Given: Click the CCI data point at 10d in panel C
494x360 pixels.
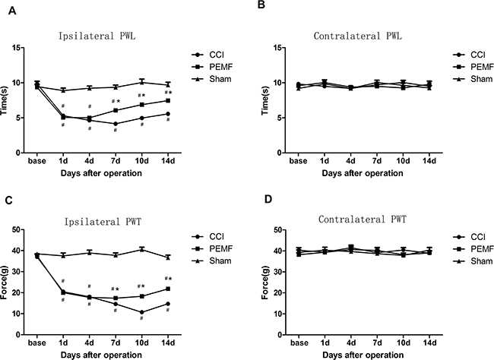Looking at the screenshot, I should point(141,311).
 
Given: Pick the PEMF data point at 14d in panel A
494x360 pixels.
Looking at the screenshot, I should point(168,100).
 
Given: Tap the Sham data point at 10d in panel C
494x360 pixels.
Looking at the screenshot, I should point(141,249).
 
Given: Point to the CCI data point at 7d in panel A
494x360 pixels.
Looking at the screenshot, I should point(115,124).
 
